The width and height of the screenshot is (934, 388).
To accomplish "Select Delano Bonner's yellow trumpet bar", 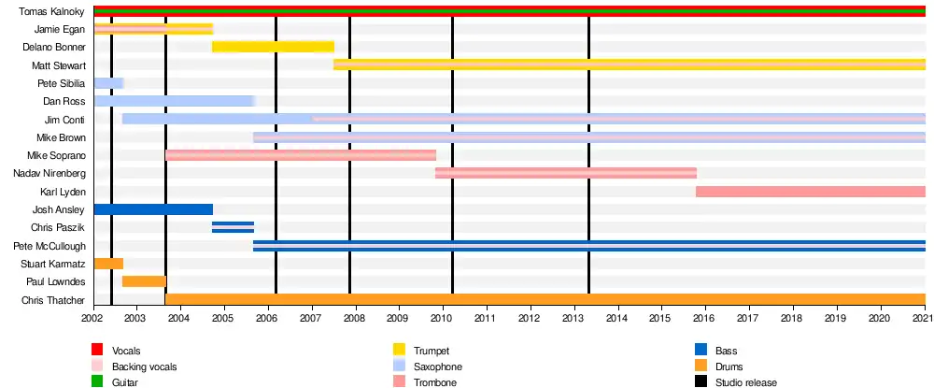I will tap(273, 47).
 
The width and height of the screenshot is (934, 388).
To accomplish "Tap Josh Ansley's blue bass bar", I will tap(153, 209).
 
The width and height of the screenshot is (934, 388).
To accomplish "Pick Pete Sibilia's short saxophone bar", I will tap(108, 83).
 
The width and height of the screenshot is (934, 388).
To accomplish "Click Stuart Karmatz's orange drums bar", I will tap(108, 264).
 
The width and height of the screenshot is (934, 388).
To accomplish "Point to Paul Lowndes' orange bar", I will tap(144, 281).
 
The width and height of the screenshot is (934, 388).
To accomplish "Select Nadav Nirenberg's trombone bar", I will tap(566, 173).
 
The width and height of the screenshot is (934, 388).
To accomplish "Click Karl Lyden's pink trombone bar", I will tap(810, 192).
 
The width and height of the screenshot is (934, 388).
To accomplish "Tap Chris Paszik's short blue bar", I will tap(233, 227).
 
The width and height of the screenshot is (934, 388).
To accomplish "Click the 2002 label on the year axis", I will tap(92, 319).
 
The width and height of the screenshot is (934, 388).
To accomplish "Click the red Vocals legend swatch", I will tap(97, 350).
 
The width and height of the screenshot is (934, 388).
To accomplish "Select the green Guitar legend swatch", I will tap(97, 382).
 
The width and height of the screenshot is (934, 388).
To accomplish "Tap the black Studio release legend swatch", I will tap(701, 382).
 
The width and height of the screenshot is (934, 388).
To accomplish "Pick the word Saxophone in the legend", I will tap(438, 366).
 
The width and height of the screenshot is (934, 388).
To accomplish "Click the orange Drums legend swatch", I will tap(701, 366).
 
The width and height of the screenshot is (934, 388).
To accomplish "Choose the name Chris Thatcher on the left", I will tap(57, 300).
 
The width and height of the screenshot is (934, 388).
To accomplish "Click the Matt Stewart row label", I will tap(58, 65).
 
